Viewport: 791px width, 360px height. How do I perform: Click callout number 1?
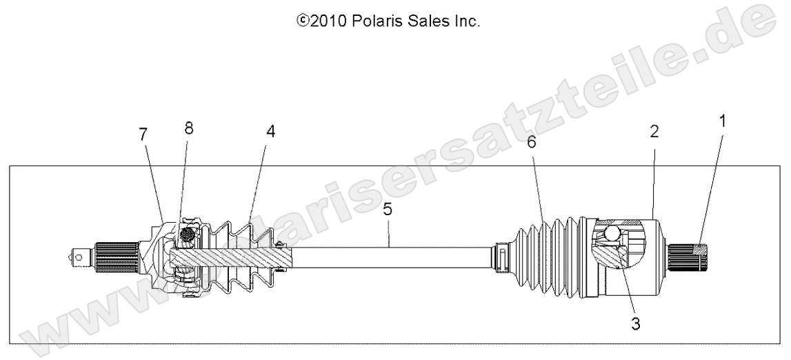click(722, 123)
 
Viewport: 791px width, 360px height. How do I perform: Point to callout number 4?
click(270, 132)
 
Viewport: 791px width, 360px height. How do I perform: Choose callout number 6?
click(531, 142)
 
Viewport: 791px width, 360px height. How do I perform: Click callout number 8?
click(189, 128)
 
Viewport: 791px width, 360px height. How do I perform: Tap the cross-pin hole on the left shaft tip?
click(80, 257)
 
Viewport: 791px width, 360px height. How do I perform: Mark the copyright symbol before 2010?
click(301, 21)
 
